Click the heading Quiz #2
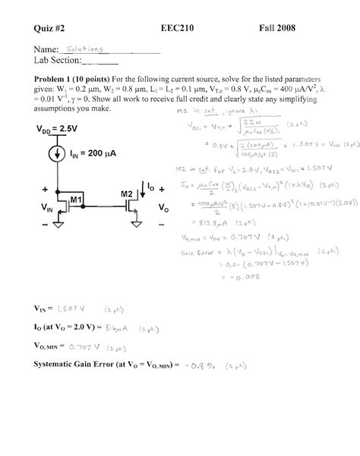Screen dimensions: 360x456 point(51,28)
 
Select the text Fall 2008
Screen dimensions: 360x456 point(280,28)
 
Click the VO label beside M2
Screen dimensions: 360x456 point(163,206)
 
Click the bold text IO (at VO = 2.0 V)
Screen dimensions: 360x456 point(65,327)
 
